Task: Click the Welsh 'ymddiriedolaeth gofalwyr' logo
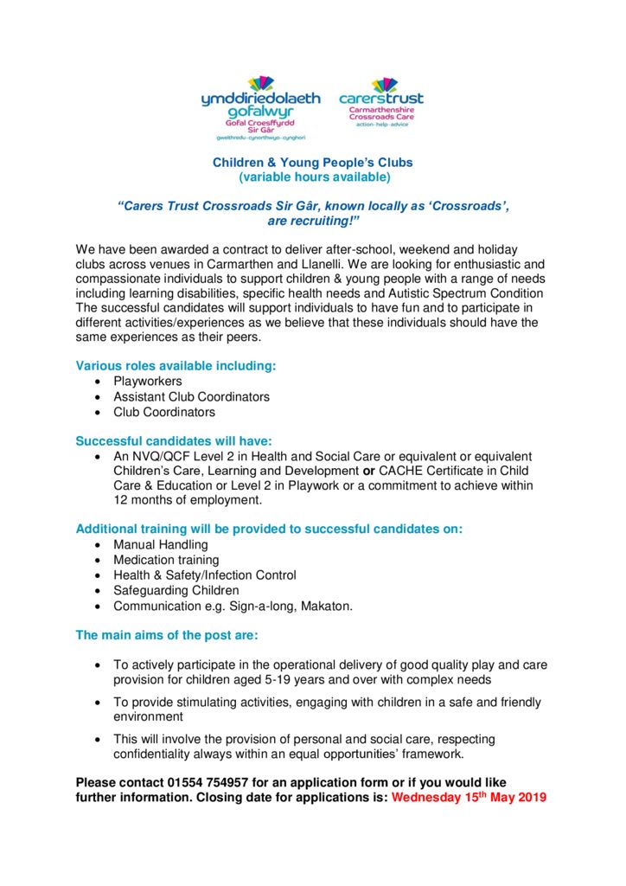click(260, 108)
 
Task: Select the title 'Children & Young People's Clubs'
click(313, 162)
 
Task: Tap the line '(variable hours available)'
click(314, 177)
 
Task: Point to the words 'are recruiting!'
click(313, 221)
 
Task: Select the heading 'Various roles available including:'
click(176, 365)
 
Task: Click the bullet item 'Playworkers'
click(148, 381)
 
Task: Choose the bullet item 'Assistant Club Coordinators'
click(192, 396)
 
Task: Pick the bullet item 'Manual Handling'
click(161, 544)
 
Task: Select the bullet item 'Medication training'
click(167, 560)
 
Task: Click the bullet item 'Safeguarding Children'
click(176, 590)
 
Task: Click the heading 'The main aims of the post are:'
click(167, 635)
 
